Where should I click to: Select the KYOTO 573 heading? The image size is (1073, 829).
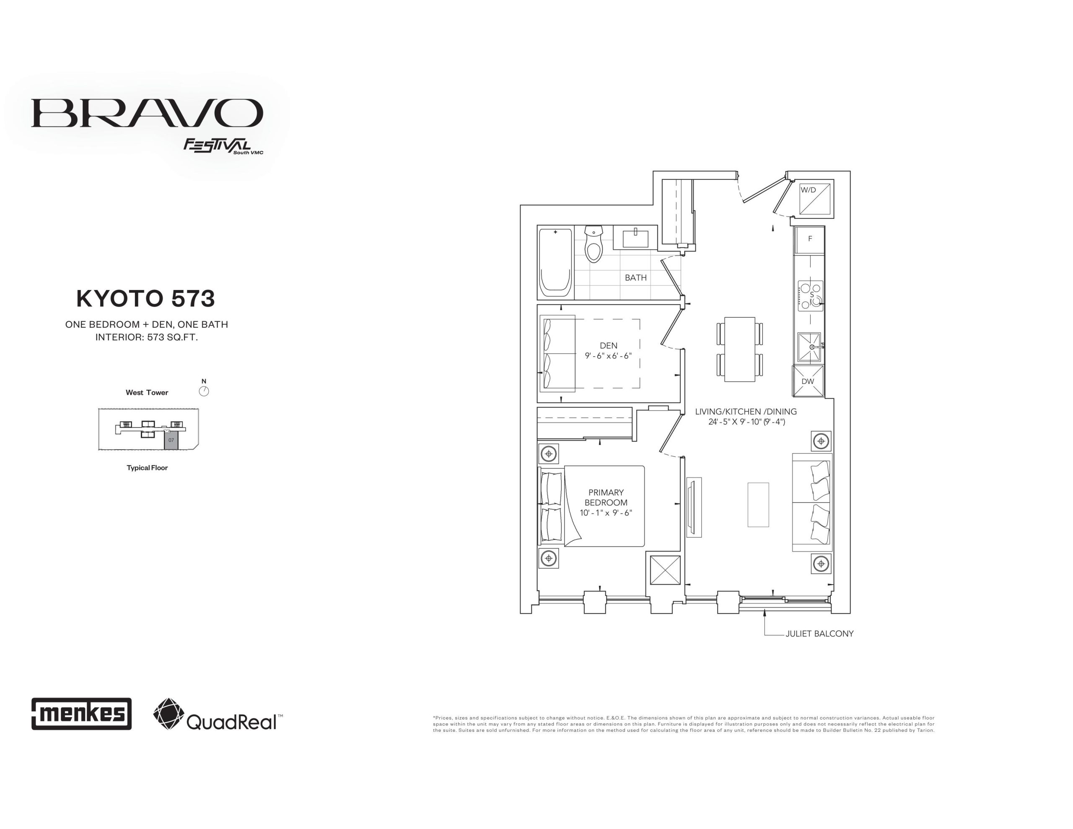coord(145,298)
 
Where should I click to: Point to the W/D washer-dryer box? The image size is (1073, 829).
coord(814,199)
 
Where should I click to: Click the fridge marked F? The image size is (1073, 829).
coord(810,239)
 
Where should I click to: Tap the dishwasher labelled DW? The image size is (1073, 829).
coord(808,381)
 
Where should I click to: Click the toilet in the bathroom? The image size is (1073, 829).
coord(594,244)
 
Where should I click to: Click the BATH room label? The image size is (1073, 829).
coord(635,277)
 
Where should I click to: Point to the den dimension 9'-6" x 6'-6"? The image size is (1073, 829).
coord(608,356)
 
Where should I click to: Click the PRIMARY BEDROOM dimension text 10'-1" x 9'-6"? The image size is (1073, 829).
coord(606,513)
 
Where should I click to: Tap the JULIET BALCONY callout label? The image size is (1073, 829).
coord(819,634)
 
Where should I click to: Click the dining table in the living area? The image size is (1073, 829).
coord(739,350)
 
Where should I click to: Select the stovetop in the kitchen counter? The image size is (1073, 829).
coord(810,296)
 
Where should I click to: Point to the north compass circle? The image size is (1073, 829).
coord(204,391)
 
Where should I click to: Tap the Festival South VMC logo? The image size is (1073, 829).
coord(223,146)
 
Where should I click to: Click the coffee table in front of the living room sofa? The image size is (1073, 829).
coord(758,505)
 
